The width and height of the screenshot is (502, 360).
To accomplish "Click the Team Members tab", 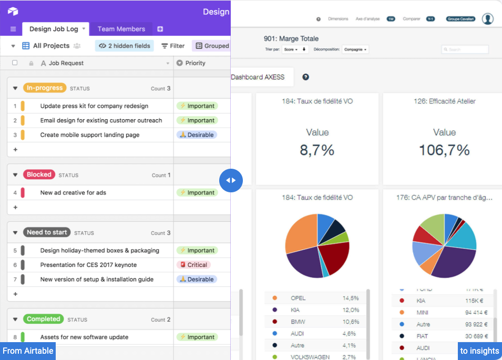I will pyautogui.click(x=121, y=29).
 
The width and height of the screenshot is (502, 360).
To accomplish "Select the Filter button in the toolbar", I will pyautogui.click(x=173, y=46).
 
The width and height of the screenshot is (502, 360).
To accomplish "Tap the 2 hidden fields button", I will pyautogui.click(x=125, y=46).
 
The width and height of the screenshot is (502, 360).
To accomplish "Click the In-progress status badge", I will pyautogui.click(x=45, y=88).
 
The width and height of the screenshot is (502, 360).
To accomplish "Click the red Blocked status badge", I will pyautogui.click(x=39, y=174).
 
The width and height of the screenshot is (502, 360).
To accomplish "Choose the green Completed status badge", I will pyautogui.click(x=43, y=319).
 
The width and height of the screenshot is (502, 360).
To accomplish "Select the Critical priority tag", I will pyautogui.click(x=194, y=265).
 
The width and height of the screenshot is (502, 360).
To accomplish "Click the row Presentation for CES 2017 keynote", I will pyautogui.click(x=88, y=265).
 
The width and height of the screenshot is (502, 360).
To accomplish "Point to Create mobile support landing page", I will pyautogui.click(x=90, y=135).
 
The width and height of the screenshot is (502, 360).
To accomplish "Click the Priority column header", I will pyautogui.click(x=195, y=63).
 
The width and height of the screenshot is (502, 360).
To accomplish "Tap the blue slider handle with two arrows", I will pyautogui.click(x=231, y=180).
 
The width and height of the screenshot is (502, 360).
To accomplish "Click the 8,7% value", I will pyautogui.click(x=317, y=150).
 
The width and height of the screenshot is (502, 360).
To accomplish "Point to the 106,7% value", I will pyautogui.click(x=444, y=150).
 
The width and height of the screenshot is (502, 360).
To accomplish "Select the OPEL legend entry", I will pyautogui.click(x=298, y=298).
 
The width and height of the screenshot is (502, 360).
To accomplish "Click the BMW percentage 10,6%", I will pyautogui.click(x=351, y=322).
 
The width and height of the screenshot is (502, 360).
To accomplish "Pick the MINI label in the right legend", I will pyautogui.click(x=422, y=312).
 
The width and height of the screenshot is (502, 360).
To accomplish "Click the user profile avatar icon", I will pyautogui.click(x=488, y=19).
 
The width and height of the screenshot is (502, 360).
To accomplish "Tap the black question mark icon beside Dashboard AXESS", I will pyautogui.click(x=305, y=77).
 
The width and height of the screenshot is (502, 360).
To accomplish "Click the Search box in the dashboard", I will pyautogui.click(x=465, y=49).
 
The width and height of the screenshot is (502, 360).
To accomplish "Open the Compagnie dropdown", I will pyautogui.click(x=355, y=49).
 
